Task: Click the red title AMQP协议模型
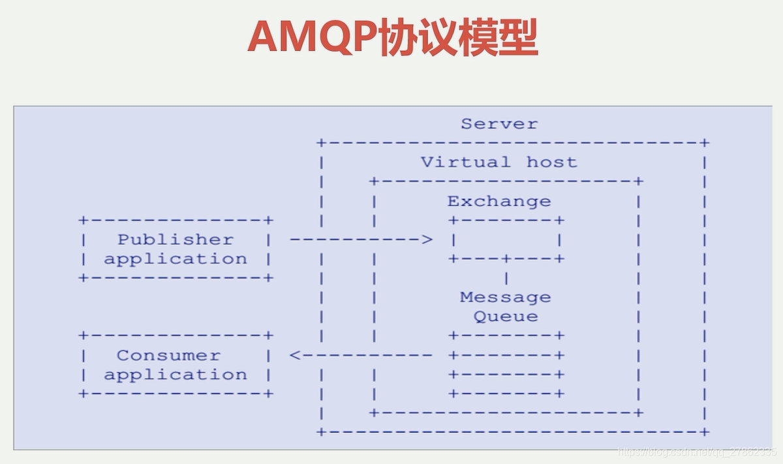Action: coord(392,38)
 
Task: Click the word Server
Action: coord(499,124)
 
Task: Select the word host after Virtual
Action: coord(552,162)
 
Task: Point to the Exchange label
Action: coord(499,201)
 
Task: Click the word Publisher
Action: coord(175,240)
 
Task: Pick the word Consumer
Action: coord(168,356)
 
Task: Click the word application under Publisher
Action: coord(175,259)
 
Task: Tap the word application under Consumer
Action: coord(175,375)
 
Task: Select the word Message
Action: coord(505,298)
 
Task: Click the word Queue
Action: coord(506,317)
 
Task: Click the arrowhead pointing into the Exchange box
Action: coord(427,240)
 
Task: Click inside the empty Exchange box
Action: coord(506,240)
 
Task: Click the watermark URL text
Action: coord(696,451)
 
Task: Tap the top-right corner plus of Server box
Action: coord(705,142)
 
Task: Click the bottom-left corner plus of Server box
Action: coord(321,431)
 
